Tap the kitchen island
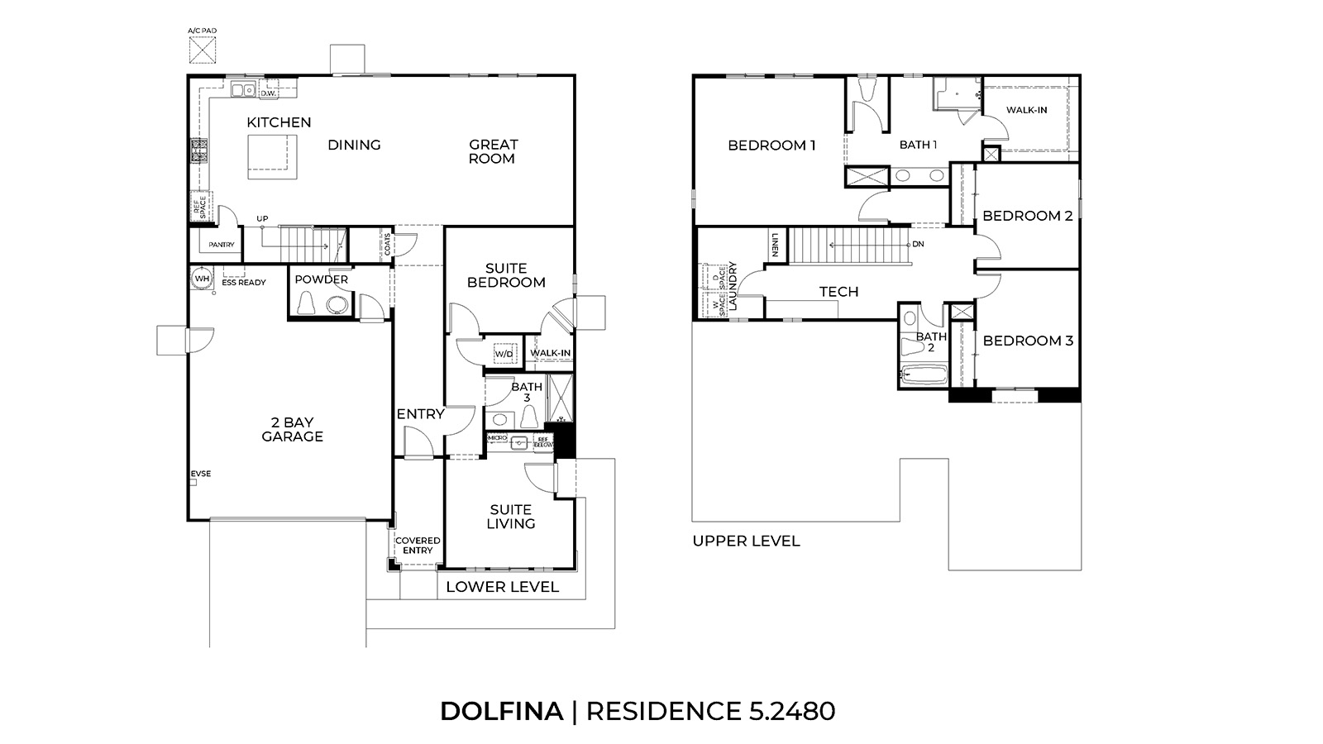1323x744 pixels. [x=273, y=155]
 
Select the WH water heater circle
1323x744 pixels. [x=201, y=279]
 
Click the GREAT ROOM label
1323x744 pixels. [x=493, y=151]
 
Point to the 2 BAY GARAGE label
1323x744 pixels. [x=292, y=430]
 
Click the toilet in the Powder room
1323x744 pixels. [x=307, y=304]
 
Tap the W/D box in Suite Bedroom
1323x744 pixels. [x=504, y=354]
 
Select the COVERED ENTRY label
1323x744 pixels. [x=418, y=546]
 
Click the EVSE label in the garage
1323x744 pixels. [x=201, y=474]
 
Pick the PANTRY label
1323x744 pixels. [x=221, y=245]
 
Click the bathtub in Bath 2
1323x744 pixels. [x=923, y=374]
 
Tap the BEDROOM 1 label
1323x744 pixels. [x=771, y=145]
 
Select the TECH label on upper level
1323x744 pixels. [x=838, y=292]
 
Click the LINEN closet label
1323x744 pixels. [x=776, y=245]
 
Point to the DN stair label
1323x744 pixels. [x=918, y=245]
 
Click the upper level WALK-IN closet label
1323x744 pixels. [x=1026, y=110]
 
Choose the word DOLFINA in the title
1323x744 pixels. [x=501, y=711]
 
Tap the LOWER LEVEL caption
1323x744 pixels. [x=502, y=587]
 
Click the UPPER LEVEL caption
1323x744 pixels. [x=746, y=541]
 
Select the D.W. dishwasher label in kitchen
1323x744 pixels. [x=267, y=93]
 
